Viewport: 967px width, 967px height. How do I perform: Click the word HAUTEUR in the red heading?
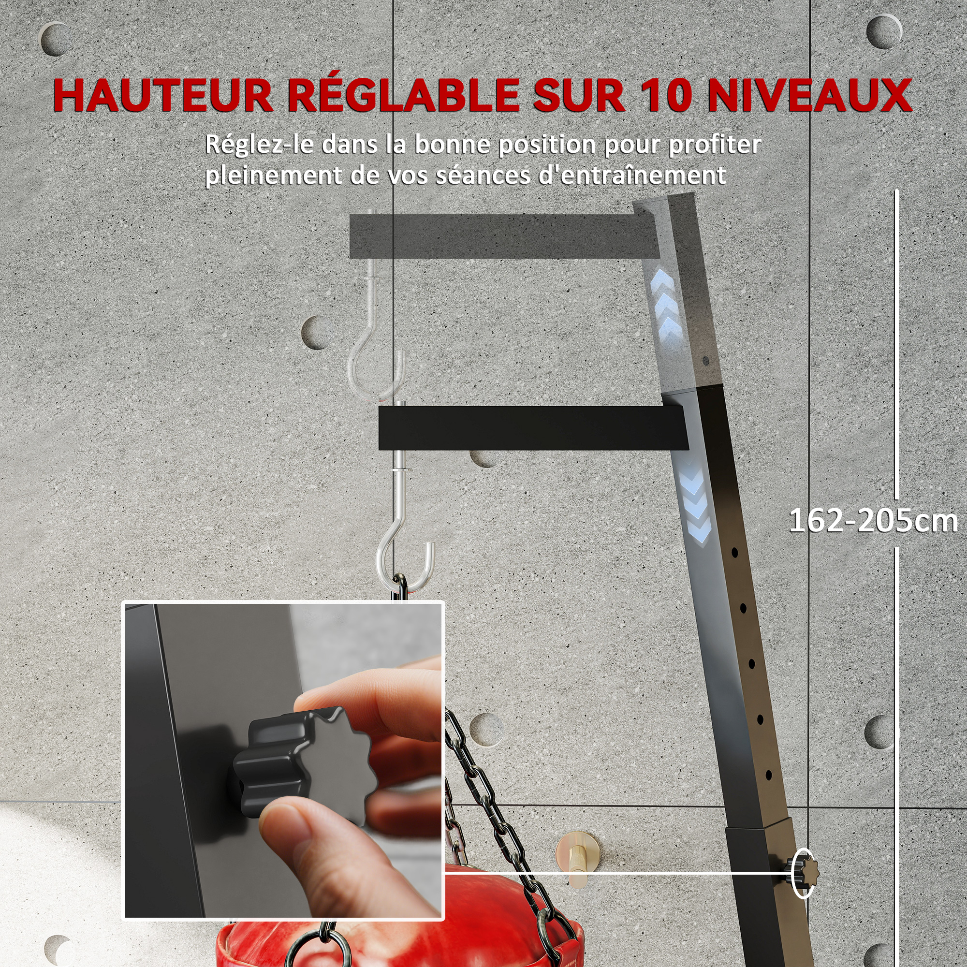162,95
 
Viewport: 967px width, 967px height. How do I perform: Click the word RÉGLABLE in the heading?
403,95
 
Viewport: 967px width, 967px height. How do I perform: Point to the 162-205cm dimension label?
872,521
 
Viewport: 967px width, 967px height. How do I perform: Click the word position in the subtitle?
549,145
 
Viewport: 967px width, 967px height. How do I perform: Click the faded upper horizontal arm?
500,236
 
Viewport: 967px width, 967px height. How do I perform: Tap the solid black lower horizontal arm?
530,428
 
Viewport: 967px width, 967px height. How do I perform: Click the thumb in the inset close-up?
321,846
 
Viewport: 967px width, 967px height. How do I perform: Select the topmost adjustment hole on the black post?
734,553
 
